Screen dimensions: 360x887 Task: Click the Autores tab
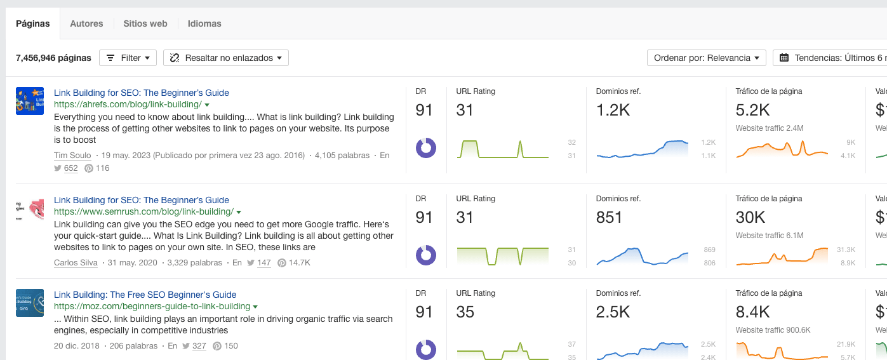(86, 23)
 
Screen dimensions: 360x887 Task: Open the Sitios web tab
(145, 23)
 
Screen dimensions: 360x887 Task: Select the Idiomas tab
(204, 23)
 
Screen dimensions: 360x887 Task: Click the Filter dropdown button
(128, 58)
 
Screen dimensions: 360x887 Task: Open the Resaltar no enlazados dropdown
(226, 58)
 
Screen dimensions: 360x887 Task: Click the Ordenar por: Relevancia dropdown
(706, 58)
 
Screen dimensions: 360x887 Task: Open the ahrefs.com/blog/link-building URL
(128, 104)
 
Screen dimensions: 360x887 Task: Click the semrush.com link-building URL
(143, 211)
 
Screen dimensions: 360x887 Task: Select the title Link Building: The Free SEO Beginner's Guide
(145, 295)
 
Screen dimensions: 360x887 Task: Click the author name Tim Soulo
(72, 155)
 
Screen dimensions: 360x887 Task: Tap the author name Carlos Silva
(76, 262)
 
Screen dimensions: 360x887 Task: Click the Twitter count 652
(70, 168)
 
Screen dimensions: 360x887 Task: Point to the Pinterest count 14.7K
(299, 262)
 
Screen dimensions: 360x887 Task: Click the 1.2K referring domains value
(613, 110)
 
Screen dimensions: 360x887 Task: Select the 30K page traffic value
(750, 218)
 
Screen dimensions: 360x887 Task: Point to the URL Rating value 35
(465, 312)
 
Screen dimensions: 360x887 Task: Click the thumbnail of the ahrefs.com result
(30, 101)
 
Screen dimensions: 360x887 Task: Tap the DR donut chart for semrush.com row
(425, 255)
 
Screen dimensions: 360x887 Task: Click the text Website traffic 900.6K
(770, 330)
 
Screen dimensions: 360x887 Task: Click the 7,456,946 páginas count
(53, 58)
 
